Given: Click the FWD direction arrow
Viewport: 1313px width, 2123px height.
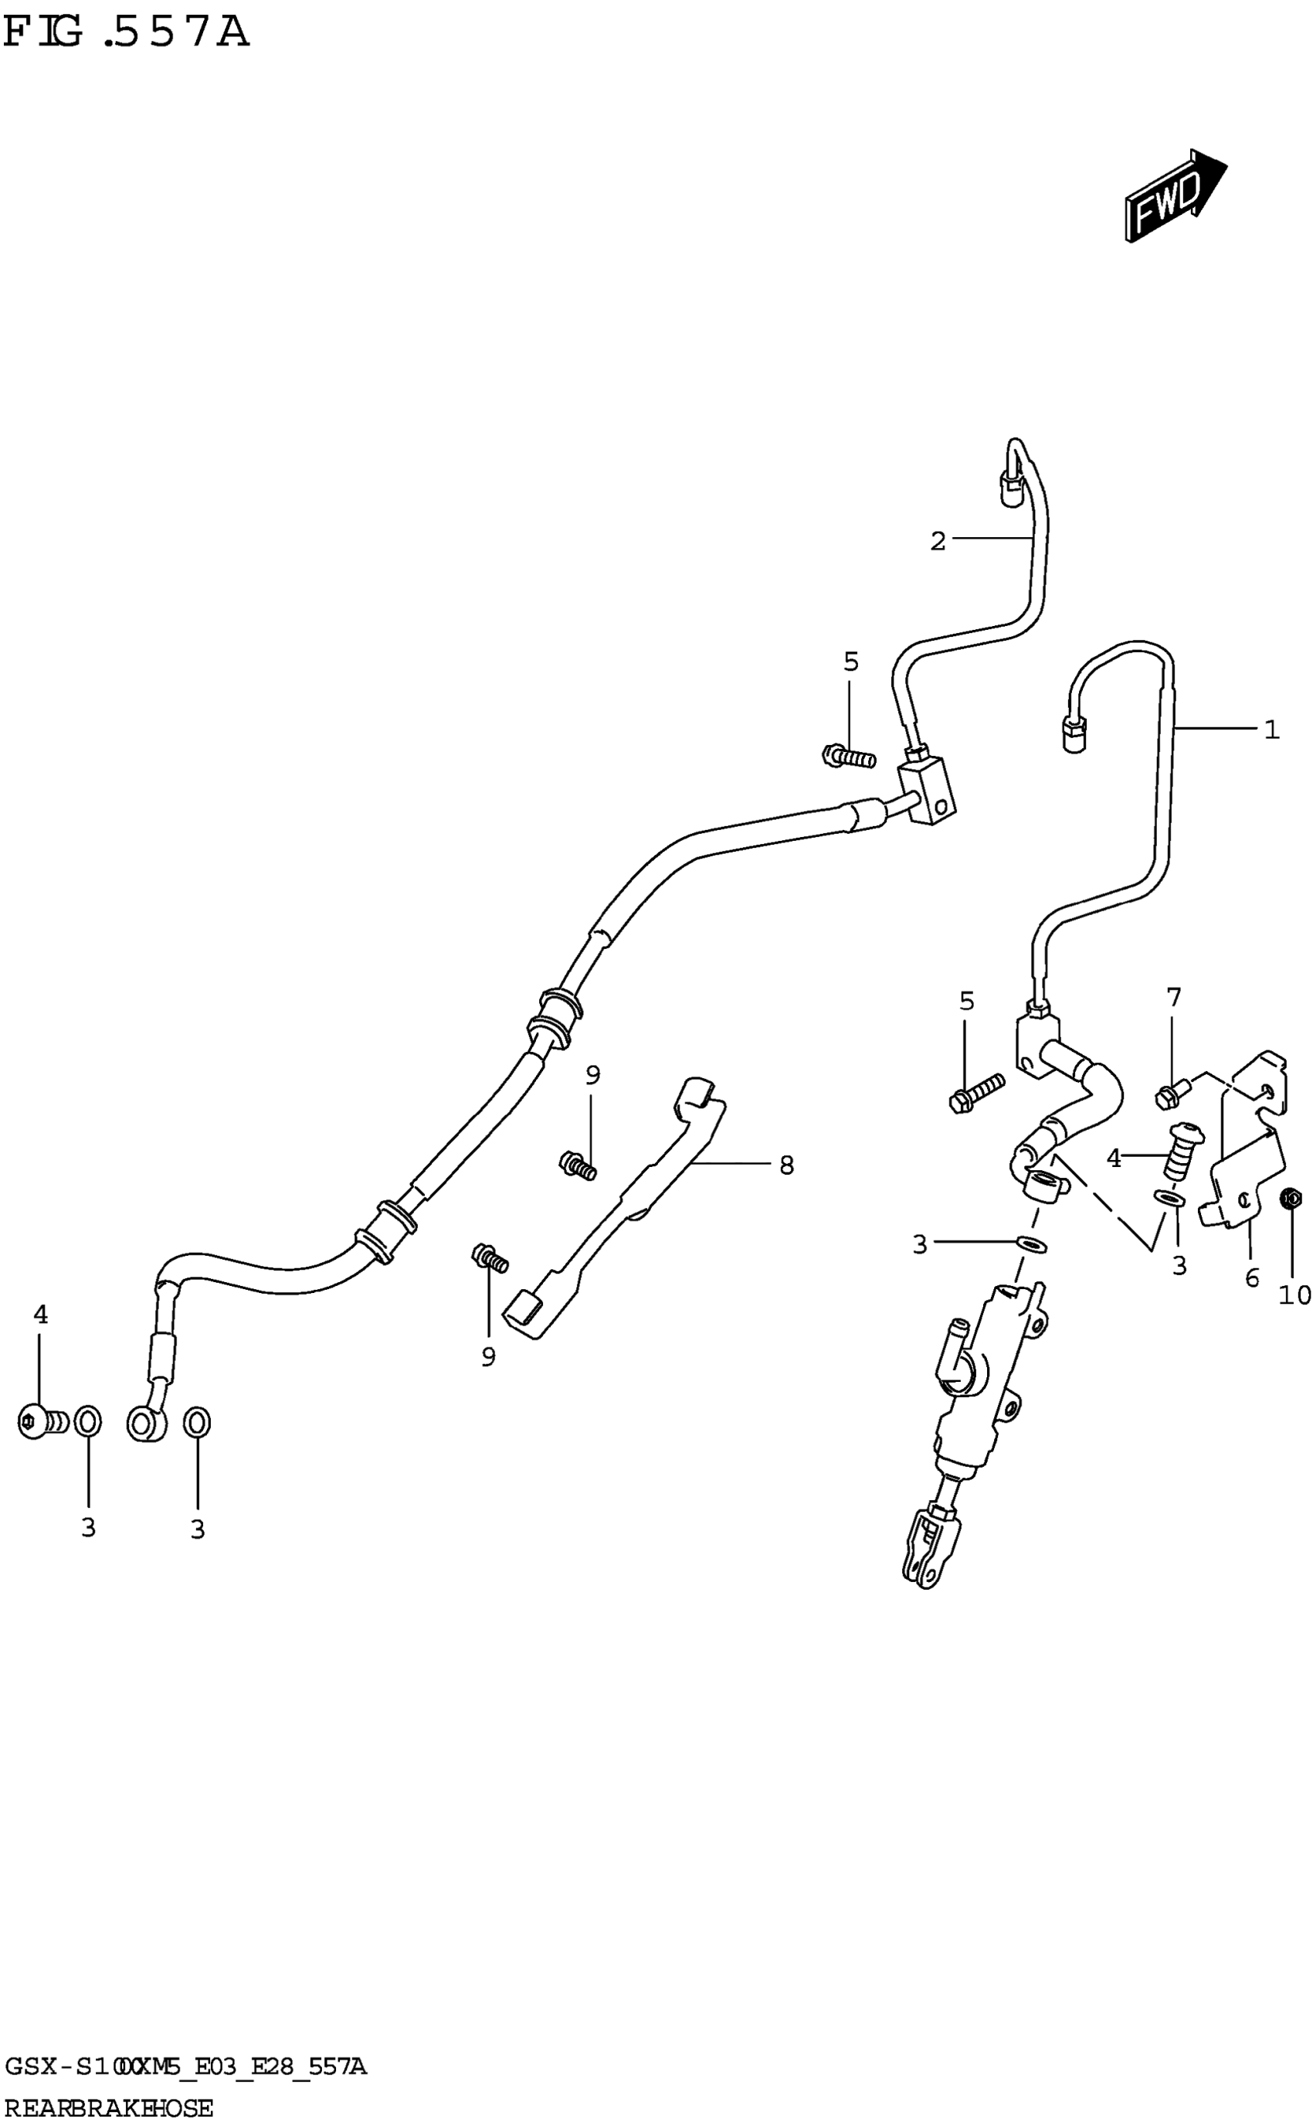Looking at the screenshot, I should (x=1174, y=196).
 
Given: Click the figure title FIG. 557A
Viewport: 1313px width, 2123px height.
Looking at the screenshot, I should (x=126, y=33).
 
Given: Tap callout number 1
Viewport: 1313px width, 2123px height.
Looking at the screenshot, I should (x=1271, y=730).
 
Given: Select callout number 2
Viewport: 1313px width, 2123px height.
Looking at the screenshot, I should (x=937, y=541).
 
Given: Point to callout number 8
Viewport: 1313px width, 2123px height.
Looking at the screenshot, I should (x=786, y=1165).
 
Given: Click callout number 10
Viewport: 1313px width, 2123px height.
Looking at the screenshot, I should (x=1294, y=1295).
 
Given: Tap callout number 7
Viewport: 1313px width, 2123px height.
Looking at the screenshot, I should (x=1174, y=997).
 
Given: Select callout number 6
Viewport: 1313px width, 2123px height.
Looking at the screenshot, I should (x=1251, y=1278).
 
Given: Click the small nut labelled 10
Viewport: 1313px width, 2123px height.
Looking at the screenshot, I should (x=1291, y=1199).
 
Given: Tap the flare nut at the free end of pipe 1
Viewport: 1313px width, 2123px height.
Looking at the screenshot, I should (x=1074, y=737).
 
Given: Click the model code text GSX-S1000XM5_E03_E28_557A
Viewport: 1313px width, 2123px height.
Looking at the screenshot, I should (x=184, y=2067).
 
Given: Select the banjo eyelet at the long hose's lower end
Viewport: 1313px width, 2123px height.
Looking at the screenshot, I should (x=145, y=1424).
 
